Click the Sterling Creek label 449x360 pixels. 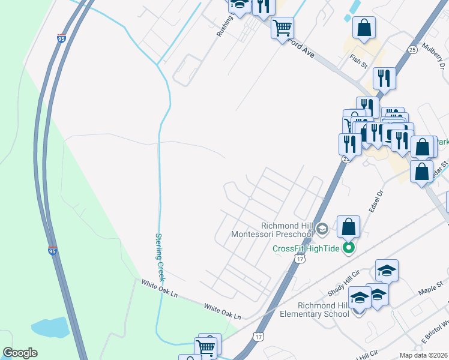160,257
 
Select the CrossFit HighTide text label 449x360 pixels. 306,248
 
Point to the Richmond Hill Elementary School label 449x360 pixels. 315,309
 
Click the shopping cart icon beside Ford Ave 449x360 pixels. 282,28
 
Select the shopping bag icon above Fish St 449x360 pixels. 364,27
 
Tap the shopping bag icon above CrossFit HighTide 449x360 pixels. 348,227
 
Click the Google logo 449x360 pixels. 20,353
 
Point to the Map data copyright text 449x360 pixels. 424,355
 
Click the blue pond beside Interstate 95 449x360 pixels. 51,327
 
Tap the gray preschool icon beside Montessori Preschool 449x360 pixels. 322,229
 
